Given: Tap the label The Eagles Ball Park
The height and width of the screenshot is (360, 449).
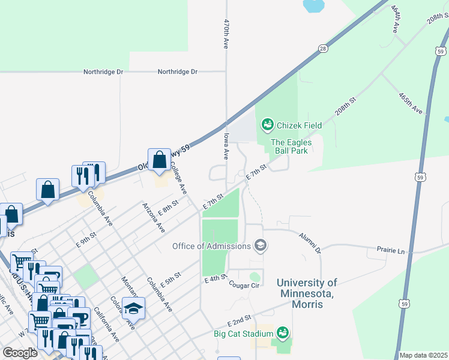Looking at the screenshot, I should [x=289, y=146].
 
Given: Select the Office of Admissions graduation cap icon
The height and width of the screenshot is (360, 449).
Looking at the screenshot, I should [x=261, y=245].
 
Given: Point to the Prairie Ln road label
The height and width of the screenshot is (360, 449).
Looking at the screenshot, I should [x=390, y=248].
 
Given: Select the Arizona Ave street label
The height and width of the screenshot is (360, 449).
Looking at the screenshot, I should [x=153, y=217].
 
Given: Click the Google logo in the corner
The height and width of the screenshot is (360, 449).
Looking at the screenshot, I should [x=20, y=353].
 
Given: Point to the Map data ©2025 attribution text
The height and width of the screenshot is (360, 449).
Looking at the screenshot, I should [x=423, y=355].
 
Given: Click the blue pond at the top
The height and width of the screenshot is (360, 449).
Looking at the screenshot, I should [x=313, y=6].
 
